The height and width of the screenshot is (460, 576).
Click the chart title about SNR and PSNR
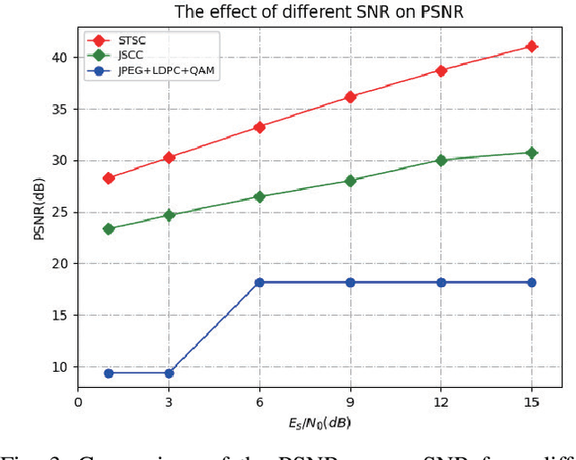(319, 12)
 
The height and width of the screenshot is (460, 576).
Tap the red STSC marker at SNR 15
(531, 46)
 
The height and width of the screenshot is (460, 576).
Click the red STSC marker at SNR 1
(109, 178)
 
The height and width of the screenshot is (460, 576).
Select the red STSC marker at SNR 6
(259, 127)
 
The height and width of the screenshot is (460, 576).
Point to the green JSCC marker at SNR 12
(441, 160)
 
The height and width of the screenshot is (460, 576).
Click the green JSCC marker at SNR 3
(169, 215)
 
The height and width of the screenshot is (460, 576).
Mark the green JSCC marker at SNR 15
(531, 153)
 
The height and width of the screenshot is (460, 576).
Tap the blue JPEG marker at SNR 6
(259, 283)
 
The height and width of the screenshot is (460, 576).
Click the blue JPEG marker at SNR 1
(109, 373)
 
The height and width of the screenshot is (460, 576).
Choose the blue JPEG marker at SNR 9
(350, 283)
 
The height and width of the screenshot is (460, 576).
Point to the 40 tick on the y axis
(59, 58)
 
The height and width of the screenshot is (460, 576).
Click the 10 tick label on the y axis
(59, 367)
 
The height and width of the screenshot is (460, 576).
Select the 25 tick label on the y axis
(59, 212)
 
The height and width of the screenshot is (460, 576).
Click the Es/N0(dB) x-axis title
(319, 422)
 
